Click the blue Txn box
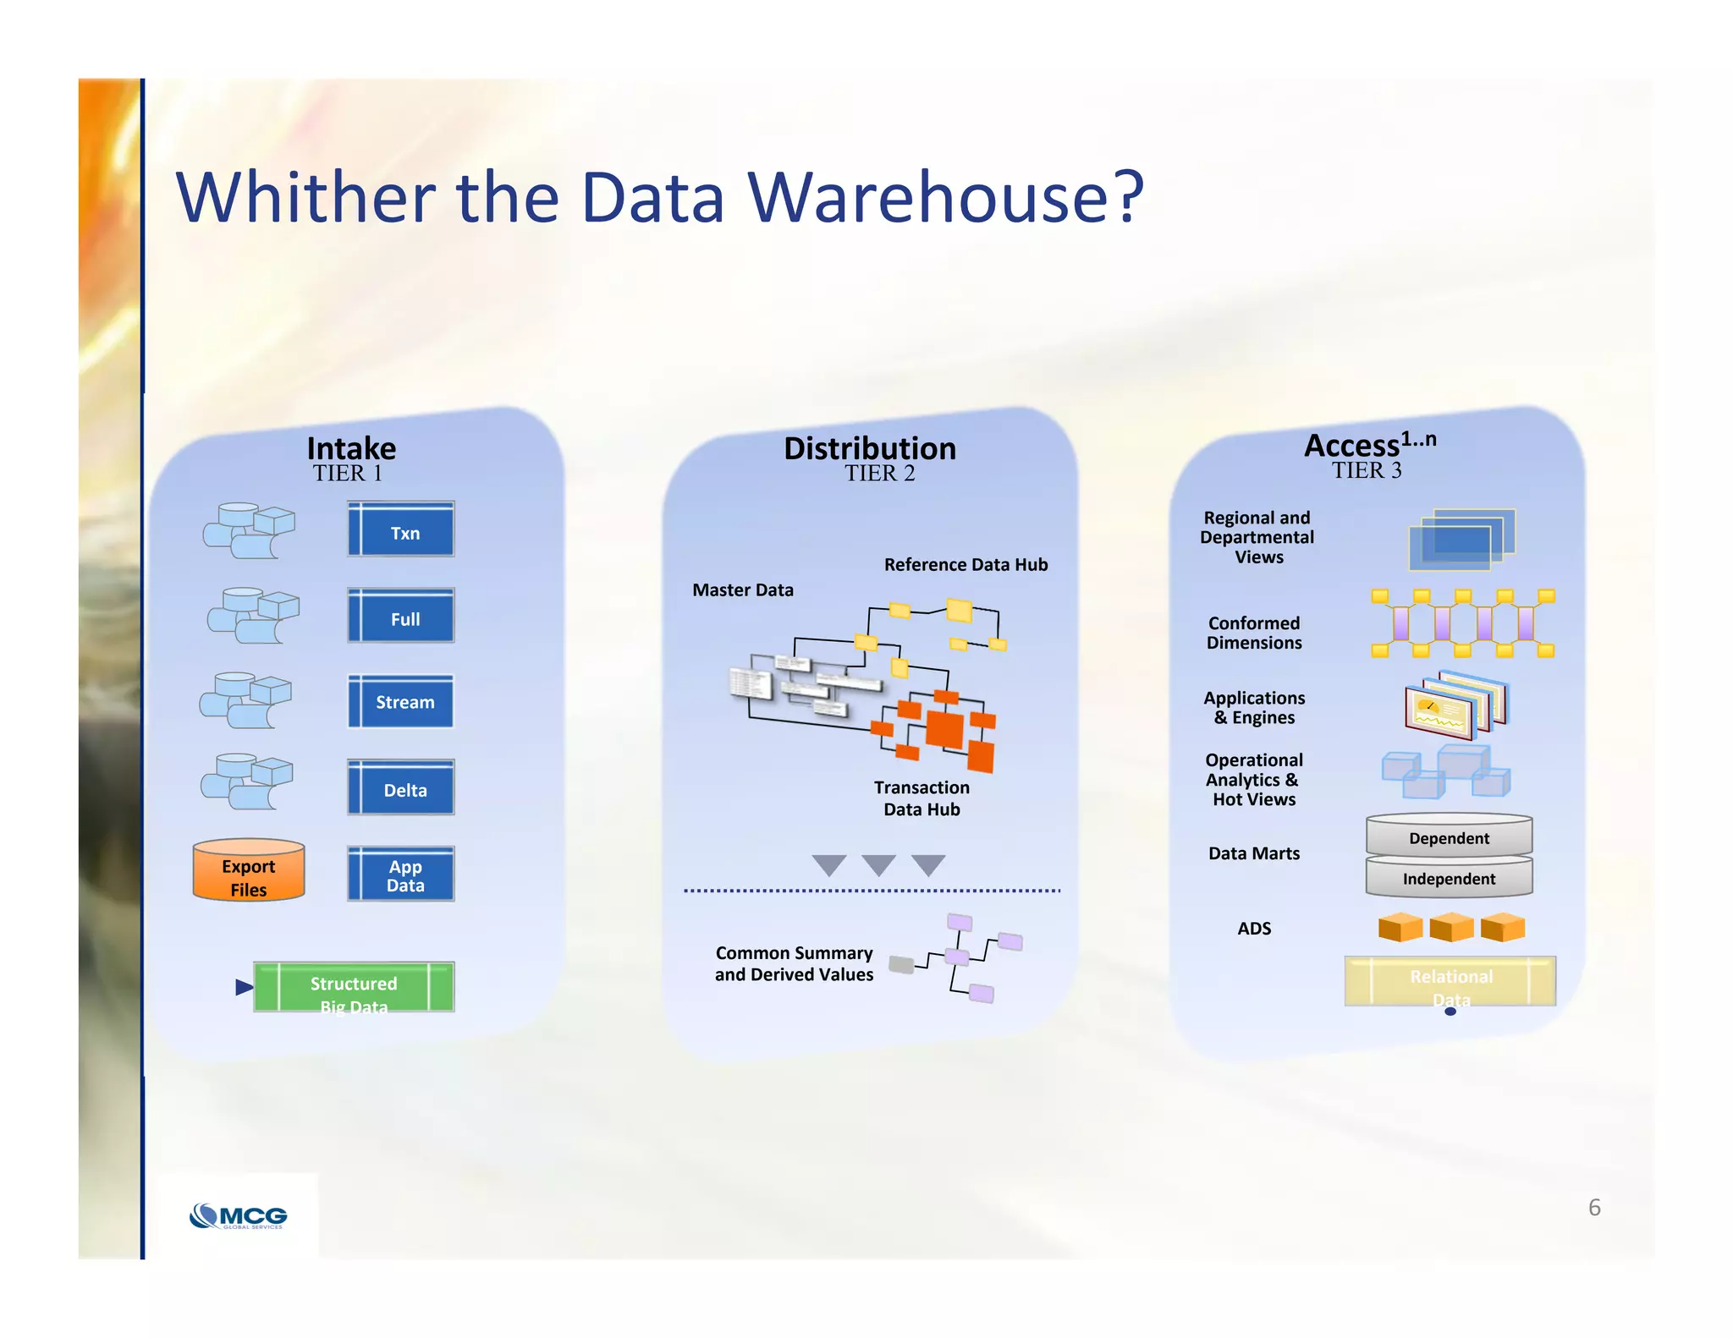point(400,529)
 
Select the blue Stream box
point(400,701)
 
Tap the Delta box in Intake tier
point(400,787)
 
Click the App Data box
point(400,875)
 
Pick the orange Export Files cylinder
point(248,871)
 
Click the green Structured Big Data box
point(354,986)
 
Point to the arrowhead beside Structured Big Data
point(244,987)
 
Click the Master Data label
point(742,590)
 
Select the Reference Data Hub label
point(966,565)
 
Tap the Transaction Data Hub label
point(922,798)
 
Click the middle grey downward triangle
point(878,864)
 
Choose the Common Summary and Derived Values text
point(794,964)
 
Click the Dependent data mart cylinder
point(1449,837)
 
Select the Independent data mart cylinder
point(1449,878)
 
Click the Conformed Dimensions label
point(1254,633)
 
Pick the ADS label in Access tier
point(1254,929)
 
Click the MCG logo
point(239,1216)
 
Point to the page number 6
point(1594,1208)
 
